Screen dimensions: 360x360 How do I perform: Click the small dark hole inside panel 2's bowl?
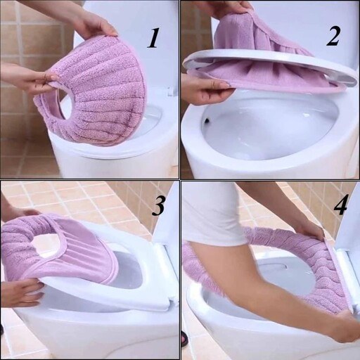(x=207, y=120)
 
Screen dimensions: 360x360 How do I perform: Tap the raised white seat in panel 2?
(x=269, y=68)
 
